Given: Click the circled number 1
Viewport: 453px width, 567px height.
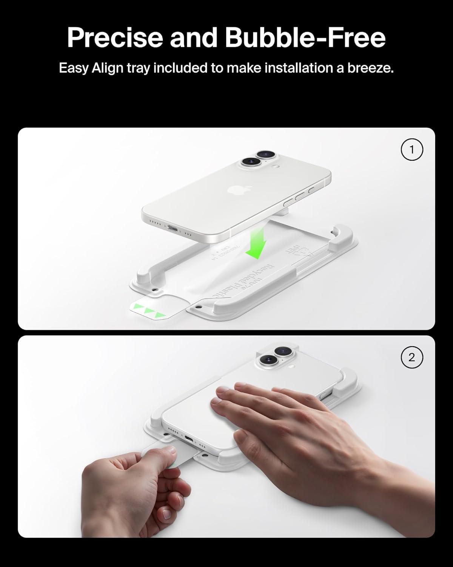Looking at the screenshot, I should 411,150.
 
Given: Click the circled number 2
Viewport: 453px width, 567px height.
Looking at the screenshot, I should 411,357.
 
